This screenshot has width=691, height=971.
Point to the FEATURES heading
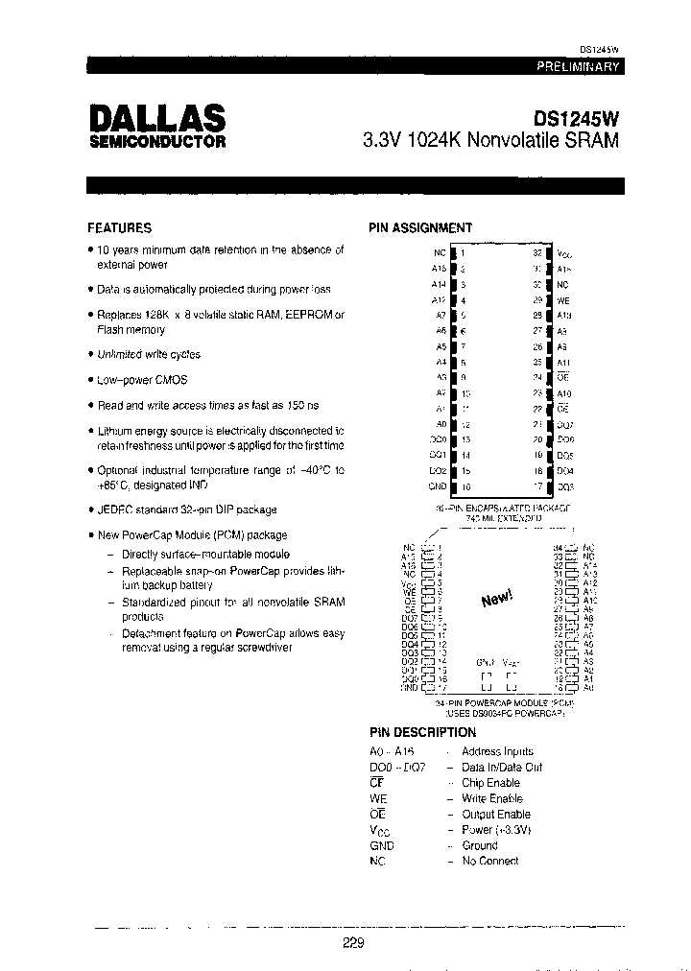tap(119, 228)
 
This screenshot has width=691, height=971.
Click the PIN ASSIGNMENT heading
tap(420, 228)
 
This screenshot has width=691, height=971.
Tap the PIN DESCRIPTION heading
tap(423, 732)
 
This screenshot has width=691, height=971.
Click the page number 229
tap(354, 943)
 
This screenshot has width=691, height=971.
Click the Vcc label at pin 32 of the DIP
tap(564, 253)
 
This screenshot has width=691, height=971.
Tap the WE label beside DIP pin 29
tap(563, 300)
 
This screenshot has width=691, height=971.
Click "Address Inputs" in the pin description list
tap(497, 751)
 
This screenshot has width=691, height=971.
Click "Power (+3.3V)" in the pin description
tap(496, 829)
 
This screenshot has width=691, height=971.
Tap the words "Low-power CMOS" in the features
tap(142, 380)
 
